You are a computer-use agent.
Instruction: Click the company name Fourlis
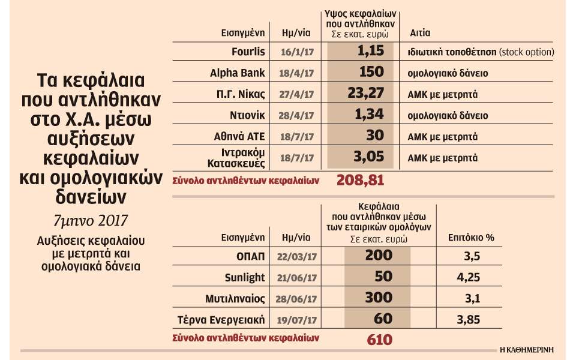tap(248, 52)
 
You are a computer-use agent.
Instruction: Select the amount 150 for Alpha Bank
tap(371, 71)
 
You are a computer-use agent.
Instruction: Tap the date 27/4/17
tap(296, 94)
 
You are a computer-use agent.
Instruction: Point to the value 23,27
tap(365, 93)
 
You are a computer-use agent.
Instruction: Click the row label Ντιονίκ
tap(247, 115)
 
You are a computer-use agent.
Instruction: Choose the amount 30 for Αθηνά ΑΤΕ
tap(375, 135)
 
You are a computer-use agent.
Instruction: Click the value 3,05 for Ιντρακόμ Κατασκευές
tap(369, 157)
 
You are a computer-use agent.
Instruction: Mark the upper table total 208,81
tap(360, 181)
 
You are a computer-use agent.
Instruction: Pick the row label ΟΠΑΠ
tap(251, 256)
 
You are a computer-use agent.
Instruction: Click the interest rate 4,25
tap(469, 277)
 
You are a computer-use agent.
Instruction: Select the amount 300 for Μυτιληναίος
tap(379, 298)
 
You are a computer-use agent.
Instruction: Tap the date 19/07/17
tap(297, 320)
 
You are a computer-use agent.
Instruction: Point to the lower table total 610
tap(379, 340)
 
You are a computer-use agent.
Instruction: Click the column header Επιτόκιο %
tap(471, 238)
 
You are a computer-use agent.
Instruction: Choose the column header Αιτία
tap(420, 32)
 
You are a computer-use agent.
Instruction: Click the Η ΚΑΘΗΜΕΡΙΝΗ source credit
tap(527, 350)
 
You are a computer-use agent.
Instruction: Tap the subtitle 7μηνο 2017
tap(91, 221)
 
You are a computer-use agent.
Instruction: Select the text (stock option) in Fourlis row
tap(526, 52)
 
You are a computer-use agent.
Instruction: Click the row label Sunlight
tap(245, 277)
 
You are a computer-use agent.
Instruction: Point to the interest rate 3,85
tap(469, 320)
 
